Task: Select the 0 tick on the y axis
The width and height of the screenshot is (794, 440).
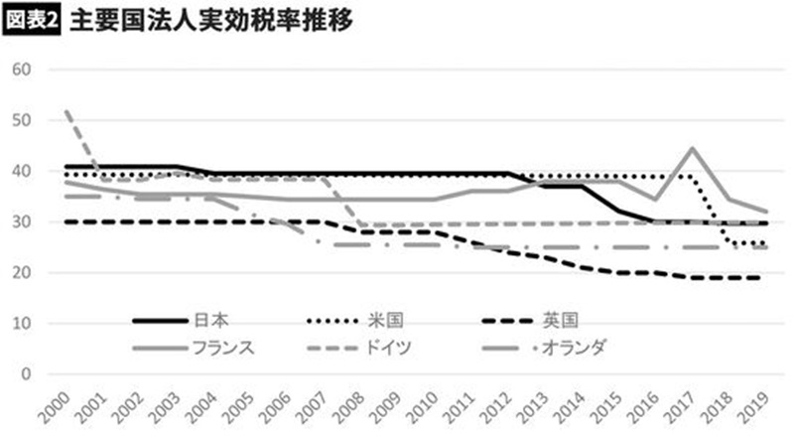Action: click(28, 374)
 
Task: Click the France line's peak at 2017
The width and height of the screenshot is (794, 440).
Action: click(691, 148)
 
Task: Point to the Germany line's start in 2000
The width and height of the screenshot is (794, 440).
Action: click(65, 111)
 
